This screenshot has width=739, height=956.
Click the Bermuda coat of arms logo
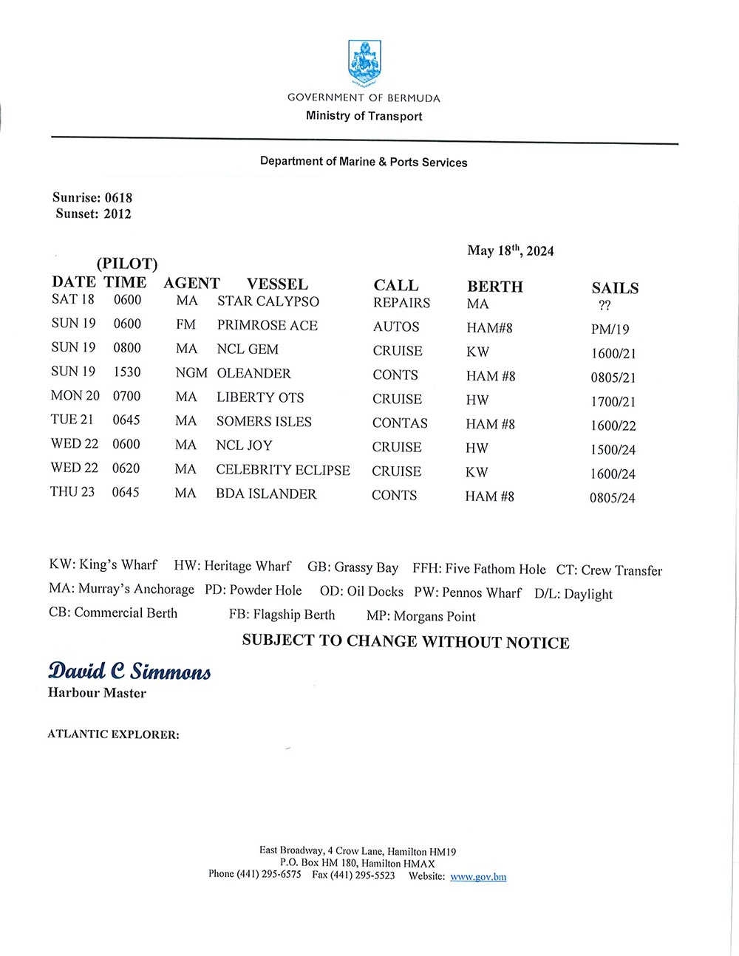(x=364, y=64)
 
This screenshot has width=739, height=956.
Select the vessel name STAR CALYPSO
(x=268, y=301)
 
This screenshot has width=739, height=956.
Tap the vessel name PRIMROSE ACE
(x=267, y=326)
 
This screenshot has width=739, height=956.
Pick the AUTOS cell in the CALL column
(x=396, y=327)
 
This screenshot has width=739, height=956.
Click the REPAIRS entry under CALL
(x=401, y=303)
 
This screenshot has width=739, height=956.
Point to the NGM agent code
(x=191, y=373)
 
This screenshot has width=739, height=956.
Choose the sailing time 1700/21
(x=613, y=402)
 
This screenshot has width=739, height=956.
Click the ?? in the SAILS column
(x=605, y=306)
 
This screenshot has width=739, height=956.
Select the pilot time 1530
(x=126, y=372)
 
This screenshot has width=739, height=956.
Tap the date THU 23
(x=72, y=492)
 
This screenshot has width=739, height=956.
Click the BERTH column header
(x=494, y=287)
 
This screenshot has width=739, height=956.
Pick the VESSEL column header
(x=277, y=284)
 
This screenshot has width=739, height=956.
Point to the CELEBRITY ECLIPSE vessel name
(x=283, y=470)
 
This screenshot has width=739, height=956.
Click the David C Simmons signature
(x=129, y=671)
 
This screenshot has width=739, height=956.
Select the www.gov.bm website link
(x=478, y=877)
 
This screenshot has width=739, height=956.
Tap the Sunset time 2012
(x=118, y=214)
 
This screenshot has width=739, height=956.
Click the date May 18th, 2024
(x=510, y=251)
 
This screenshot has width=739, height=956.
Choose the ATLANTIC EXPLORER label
(x=113, y=734)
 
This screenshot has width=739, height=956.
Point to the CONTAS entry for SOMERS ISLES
(x=400, y=423)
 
